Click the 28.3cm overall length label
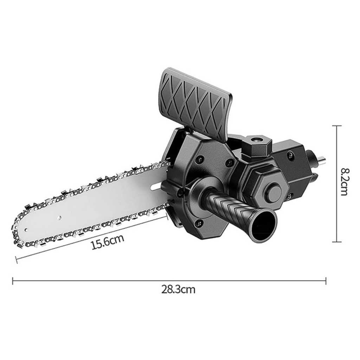[178, 290]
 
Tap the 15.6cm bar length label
[108, 242]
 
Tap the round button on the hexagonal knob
[273, 191]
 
